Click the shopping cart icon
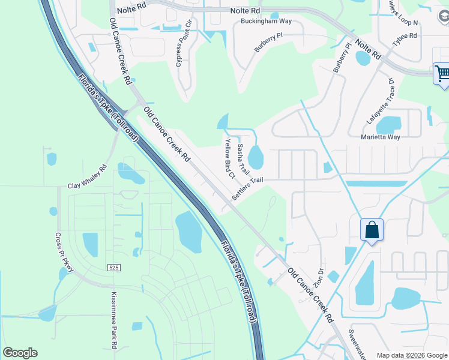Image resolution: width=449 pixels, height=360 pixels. (x=442, y=74)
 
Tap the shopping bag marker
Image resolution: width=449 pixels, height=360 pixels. (x=372, y=230)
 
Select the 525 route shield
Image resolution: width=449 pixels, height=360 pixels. (x=113, y=266)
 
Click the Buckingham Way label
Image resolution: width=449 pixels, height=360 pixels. (x=266, y=21)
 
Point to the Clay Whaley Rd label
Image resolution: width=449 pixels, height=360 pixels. (x=87, y=177)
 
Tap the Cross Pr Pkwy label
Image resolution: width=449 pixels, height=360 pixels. (x=64, y=253)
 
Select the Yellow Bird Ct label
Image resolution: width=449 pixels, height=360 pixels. (x=229, y=158)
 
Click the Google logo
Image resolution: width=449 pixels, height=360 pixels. (x=20, y=353)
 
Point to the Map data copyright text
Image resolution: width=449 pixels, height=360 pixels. (x=411, y=355)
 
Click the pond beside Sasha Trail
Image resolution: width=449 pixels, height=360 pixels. (x=256, y=157)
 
